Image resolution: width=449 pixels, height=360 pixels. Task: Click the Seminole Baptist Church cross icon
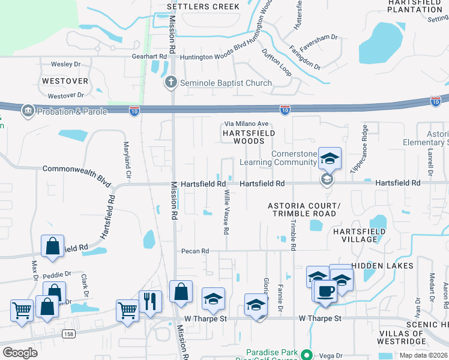pos(171,83)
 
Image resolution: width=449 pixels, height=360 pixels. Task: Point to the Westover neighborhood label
pos(65,80)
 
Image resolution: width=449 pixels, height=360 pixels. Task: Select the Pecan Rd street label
pos(196,251)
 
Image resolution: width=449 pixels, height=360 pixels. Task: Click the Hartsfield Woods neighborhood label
pos(249,137)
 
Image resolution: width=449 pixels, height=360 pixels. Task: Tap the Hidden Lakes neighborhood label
pos(382,265)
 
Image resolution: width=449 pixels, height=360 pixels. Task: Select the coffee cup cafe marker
pos(326,291)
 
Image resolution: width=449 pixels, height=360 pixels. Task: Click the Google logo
pos(20,353)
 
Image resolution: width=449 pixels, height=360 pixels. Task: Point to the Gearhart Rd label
pos(149,56)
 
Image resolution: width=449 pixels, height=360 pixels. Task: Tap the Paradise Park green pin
pos(307,355)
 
